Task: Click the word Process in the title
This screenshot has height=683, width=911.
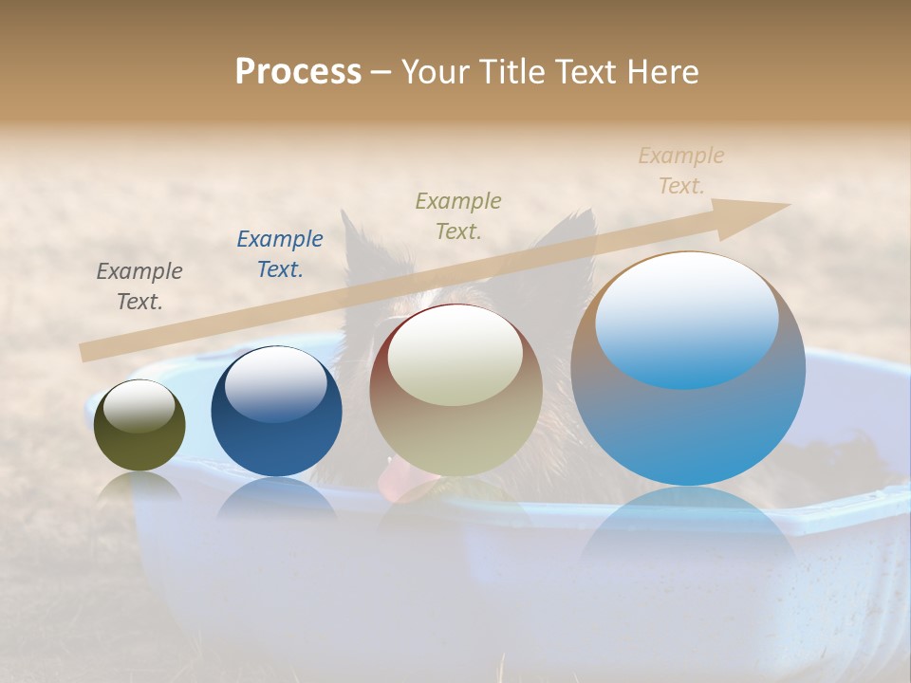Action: [x=298, y=72]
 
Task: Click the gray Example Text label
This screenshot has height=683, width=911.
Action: [x=139, y=286]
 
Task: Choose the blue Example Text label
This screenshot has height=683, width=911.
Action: [x=279, y=254]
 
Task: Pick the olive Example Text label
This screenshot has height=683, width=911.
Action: [x=458, y=216]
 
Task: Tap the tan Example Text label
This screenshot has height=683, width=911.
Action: [x=680, y=171]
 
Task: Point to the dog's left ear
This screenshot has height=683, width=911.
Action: [x=355, y=242]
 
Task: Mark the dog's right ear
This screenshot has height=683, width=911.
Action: [x=573, y=232]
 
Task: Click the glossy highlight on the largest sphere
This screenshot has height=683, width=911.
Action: [x=686, y=320]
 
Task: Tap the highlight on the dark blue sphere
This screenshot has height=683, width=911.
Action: [x=275, y=384]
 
